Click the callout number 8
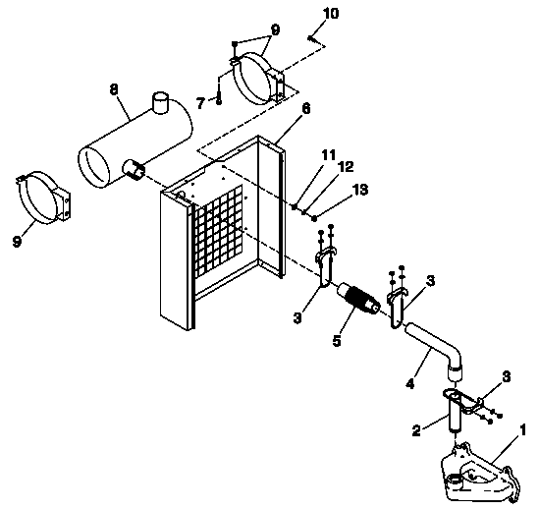(x=114, y=88)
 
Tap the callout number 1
(x=523, y=428)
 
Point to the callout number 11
(x=327, y=154)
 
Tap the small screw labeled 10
(x=310, y=38)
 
